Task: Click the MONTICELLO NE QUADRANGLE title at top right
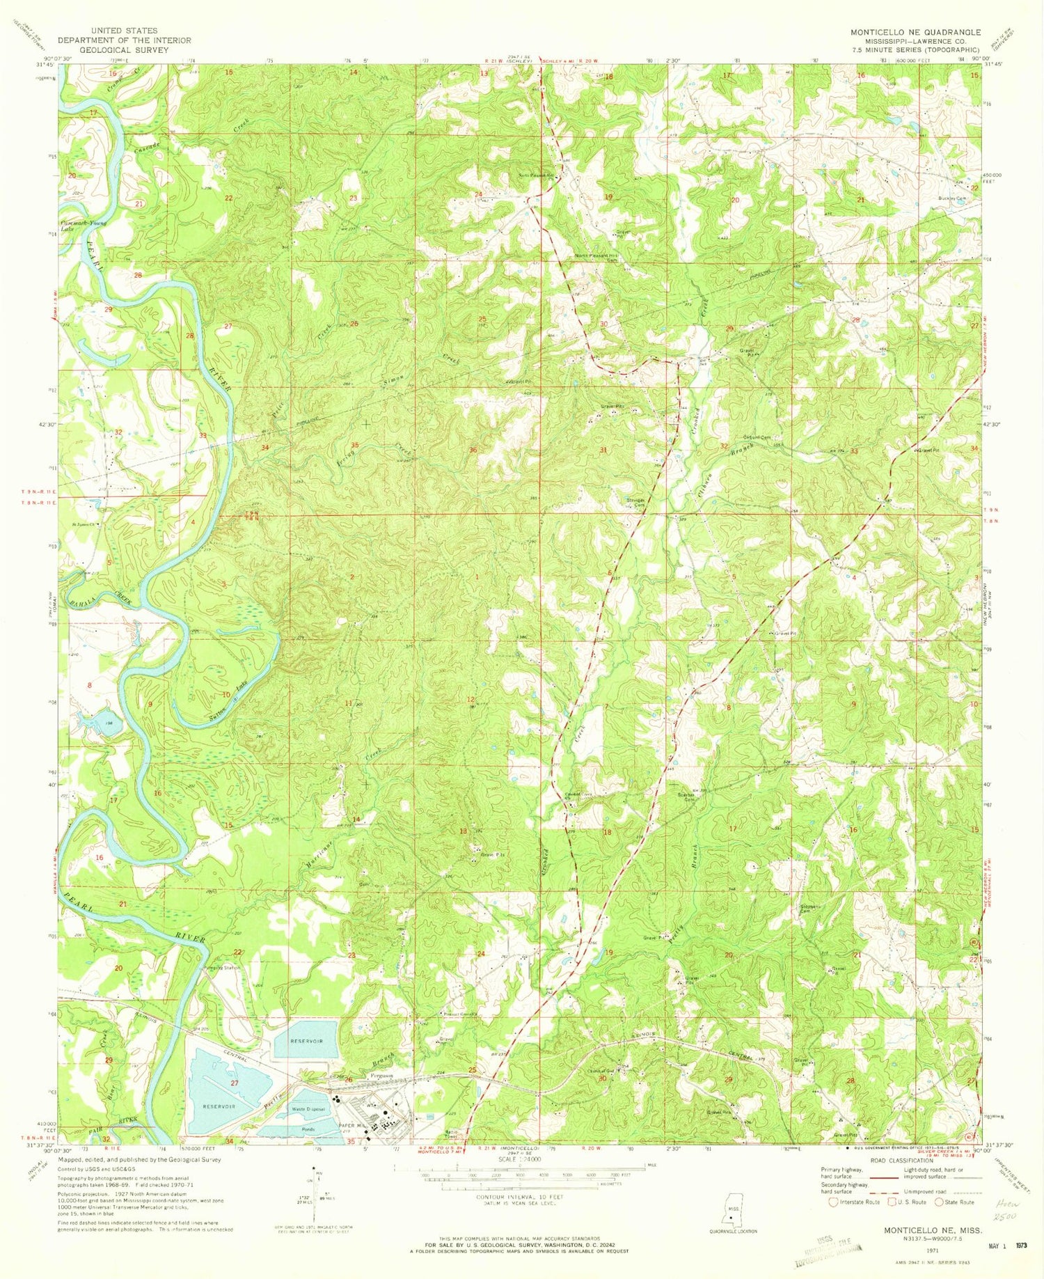(x=915, y=32)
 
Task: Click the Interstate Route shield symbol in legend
(x=832, y=1202)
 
